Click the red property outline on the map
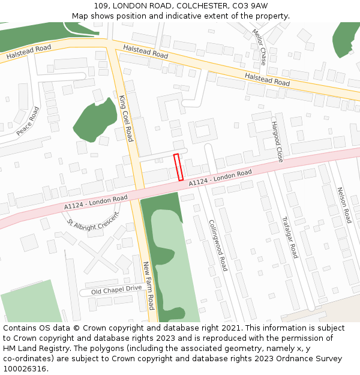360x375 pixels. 178,167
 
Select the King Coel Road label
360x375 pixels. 125,118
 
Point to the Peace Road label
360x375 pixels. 28,121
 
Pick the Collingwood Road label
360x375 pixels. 218,245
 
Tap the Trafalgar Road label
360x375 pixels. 290,237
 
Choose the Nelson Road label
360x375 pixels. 343,205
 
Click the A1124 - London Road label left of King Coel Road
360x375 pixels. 96,202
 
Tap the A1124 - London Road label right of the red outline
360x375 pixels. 220,178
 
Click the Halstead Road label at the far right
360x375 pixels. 267,79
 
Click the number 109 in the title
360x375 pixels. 101,5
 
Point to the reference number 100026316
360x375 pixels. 25,369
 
